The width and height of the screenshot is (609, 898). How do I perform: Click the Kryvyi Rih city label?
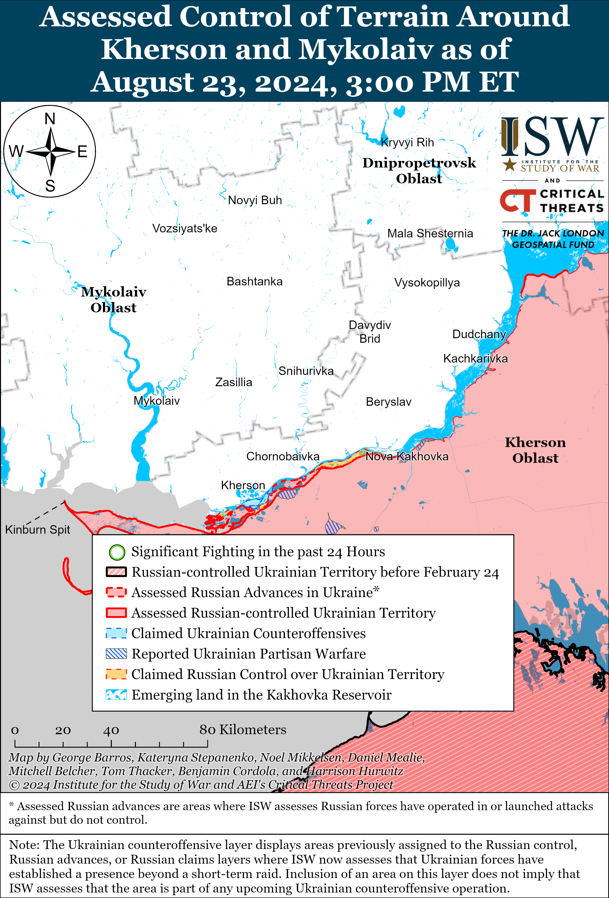click(x=407, y=143)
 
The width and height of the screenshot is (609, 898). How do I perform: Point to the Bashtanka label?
click(x=254, y=281)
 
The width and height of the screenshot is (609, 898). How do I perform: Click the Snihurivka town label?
click(x=306, y=371)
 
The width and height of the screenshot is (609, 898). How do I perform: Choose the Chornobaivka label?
click(x=283, y=456)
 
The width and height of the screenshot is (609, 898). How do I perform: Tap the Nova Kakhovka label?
click(x=407, y=456)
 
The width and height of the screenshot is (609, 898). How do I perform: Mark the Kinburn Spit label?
click(x=37, y=529)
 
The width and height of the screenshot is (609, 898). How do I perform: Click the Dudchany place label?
click(x=479, y=334)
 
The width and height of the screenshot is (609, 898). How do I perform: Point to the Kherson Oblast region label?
click(x=535, y=450)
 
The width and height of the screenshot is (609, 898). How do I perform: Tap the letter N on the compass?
click(x=50, y=119)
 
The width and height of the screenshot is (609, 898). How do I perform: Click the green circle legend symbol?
click(x=117, y=552)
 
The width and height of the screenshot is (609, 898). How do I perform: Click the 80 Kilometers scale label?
click(x=243, y=730)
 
